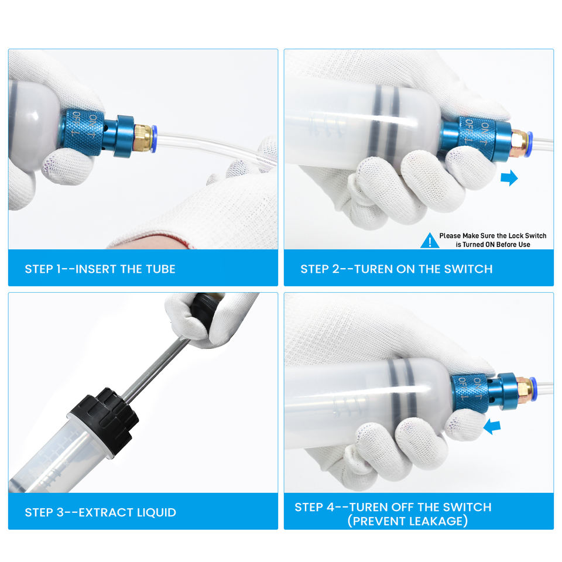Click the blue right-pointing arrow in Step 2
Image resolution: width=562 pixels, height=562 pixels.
click(509, 178)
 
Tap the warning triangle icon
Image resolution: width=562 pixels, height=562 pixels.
click(429, 240)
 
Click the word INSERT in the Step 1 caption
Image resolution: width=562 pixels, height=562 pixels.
click(96, 269)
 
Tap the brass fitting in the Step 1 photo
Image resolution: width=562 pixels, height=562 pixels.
click(142, 138)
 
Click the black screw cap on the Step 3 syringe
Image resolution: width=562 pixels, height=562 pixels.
click(104, 422)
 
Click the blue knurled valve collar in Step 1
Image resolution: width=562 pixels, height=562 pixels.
click(82, 133)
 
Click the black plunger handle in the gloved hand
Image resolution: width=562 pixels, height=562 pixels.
click(204, 309)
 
